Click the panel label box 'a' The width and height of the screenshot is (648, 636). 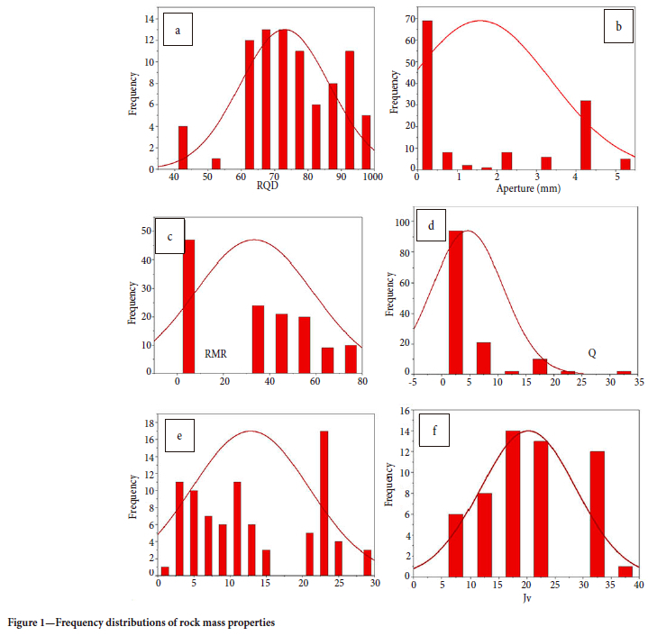pos(178,32)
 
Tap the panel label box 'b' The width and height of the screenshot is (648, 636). pos(617,28)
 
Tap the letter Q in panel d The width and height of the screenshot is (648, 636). pos(593,353)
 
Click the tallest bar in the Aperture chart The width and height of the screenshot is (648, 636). pos(427,95)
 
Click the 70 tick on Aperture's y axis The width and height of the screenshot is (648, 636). pos(407,19)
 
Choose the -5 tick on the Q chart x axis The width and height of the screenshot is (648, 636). pos(412,382)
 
